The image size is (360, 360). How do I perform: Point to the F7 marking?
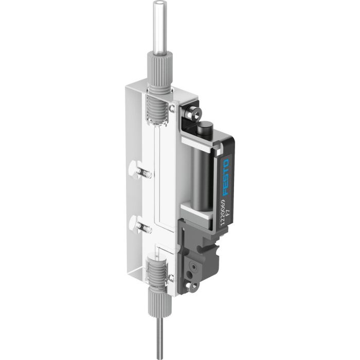[230, 222]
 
